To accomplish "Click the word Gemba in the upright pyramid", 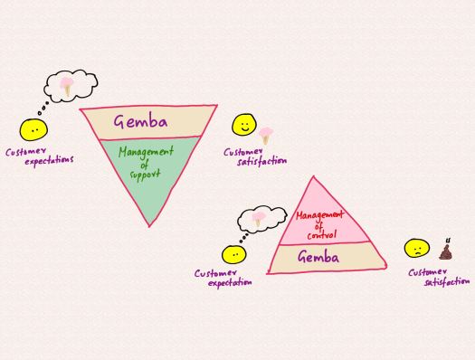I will (x=318, y=258).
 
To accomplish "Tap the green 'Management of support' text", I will (x=145, y=164).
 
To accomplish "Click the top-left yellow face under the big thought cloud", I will (x=33, y=131).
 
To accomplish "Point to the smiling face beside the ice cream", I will (x=242, y=125).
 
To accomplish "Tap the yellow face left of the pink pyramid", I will (x=233, y=255).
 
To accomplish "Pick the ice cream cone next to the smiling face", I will (x=265, y=136).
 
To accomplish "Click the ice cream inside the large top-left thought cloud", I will (x=69, y=87).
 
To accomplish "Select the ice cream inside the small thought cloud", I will (x=259, y=218).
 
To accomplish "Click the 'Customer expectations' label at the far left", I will (x=39, y=156).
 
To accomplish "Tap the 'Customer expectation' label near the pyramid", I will (x=223, y=278).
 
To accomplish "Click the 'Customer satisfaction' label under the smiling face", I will (x=255, y=156).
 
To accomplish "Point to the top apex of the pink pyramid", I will (x=313, y=177).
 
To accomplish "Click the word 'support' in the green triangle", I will (x=145, y=174).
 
